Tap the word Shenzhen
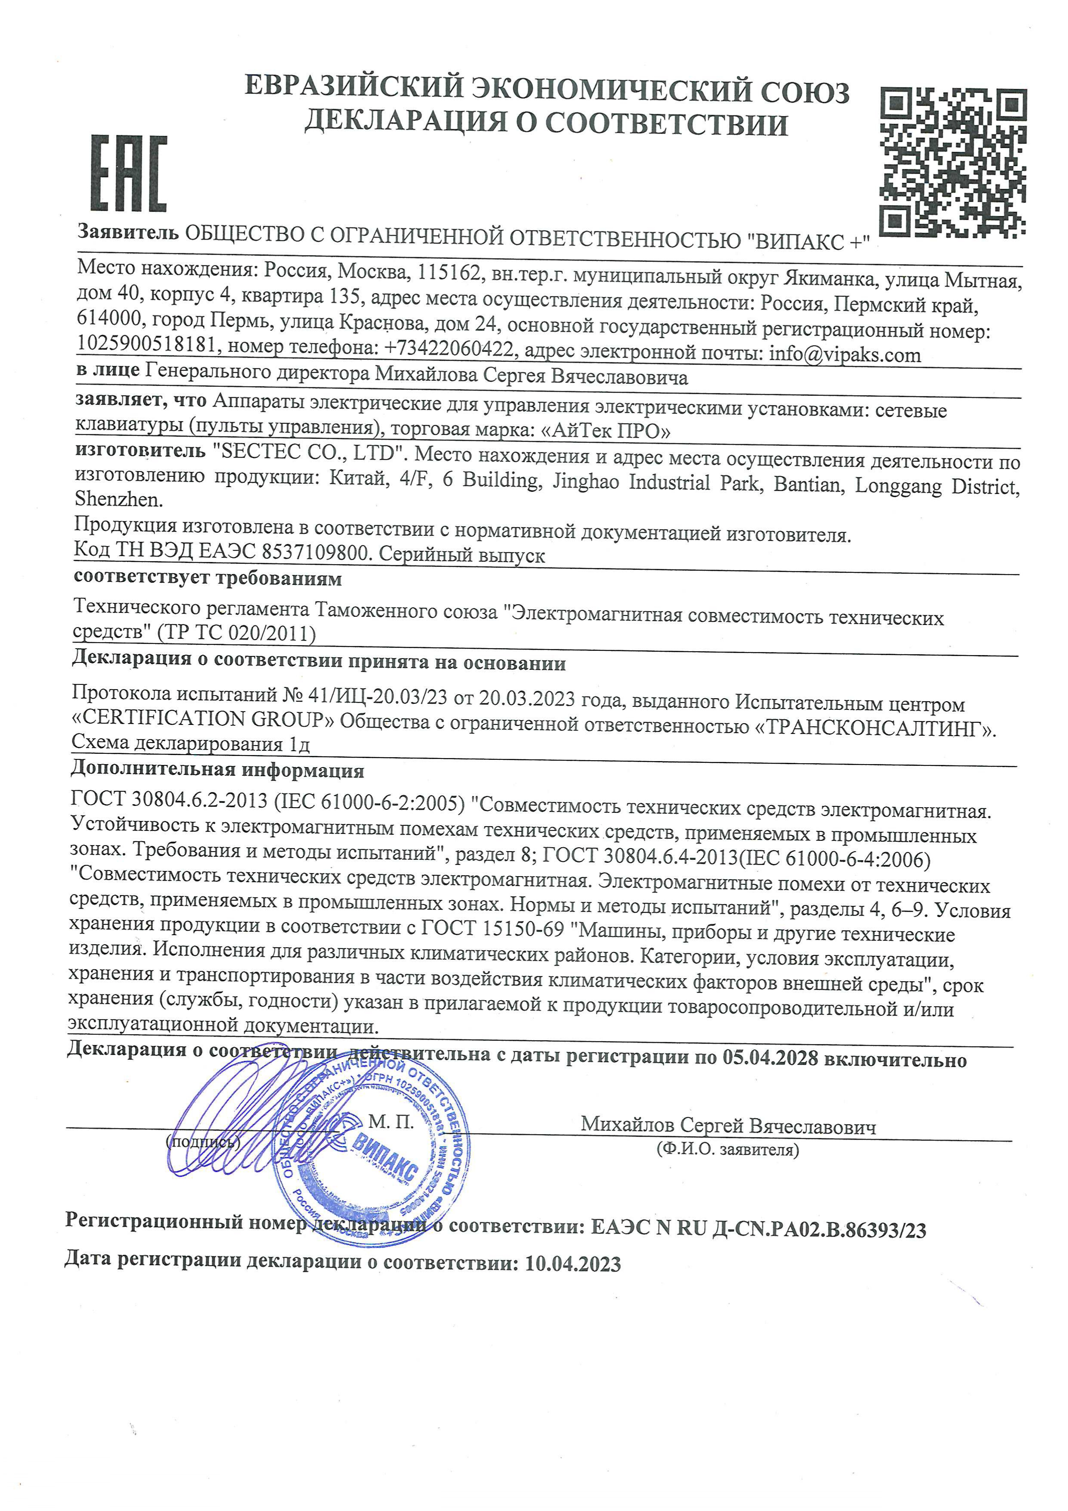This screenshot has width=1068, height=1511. [x=118, y=500]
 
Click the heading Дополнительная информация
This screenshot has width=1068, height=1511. [x=217, y=769]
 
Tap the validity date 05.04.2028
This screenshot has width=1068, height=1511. [x=770, y=1058]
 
